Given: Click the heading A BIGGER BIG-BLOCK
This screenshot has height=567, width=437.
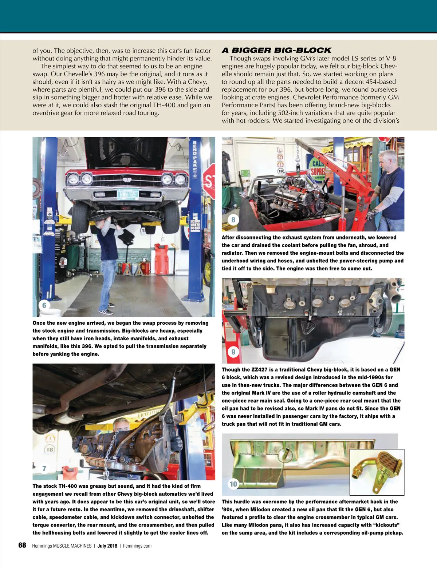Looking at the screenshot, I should [276, 50].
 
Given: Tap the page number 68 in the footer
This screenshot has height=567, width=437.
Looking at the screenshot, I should [22, 545].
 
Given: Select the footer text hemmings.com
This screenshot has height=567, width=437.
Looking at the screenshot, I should [137, 546].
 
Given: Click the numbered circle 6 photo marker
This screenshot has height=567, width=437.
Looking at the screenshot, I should [44, 305].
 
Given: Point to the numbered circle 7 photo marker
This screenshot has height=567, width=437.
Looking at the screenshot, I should [44, 468].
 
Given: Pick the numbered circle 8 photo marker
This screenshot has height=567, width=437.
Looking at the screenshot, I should [233, 220].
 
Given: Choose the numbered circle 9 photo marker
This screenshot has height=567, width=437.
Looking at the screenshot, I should [233, 352].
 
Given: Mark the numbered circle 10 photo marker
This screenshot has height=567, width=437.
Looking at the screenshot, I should [233, 484].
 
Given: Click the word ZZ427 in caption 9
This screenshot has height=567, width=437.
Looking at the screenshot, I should [259, 370].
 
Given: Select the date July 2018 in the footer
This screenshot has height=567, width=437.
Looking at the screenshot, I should [107, 546].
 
